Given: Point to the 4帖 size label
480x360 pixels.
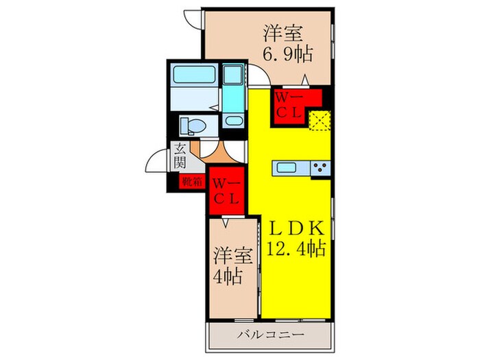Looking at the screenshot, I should [x=227, y=276].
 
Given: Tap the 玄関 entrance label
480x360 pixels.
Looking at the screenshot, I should [x=180, y=156].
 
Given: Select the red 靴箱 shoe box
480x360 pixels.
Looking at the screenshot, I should [x=192, y=182].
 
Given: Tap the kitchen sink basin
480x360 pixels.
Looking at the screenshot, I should [x=286, y=167].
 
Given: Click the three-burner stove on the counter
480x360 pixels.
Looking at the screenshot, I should [x=320, y=167].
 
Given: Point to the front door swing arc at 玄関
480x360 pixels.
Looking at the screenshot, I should [x=155, y=163].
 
